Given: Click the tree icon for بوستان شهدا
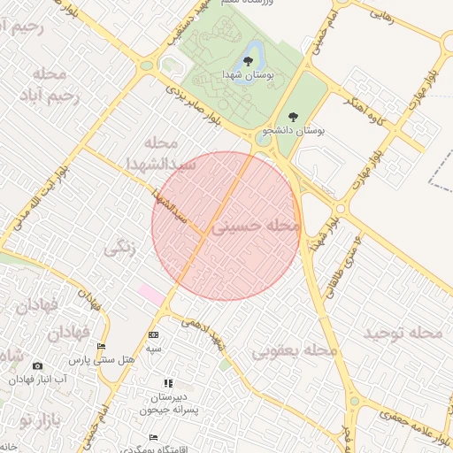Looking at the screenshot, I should pyautogui.click(x=248, y=60).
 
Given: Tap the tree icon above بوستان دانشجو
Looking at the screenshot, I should pyautogui.click(x=294, y=115).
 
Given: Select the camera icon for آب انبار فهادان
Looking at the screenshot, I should pyautogui.click(x=37, y=365).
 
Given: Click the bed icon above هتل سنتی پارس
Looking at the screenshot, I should pyautogui.click(x=102, y=347).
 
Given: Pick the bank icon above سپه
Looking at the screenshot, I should pyautogui.click(x=154, y=334).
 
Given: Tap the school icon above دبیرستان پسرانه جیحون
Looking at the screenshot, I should pyautogui.click(x=167, y=383).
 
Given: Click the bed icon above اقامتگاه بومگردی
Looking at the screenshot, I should pyautogui.click(x=154, y=437).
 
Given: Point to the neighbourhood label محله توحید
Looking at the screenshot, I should pyautogui.click(x=403, y=333).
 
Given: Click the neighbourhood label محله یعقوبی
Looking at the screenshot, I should pyautogui.click(x=296, y=351).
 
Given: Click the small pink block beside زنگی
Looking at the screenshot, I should pyautogui.click(x=150, y=295).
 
